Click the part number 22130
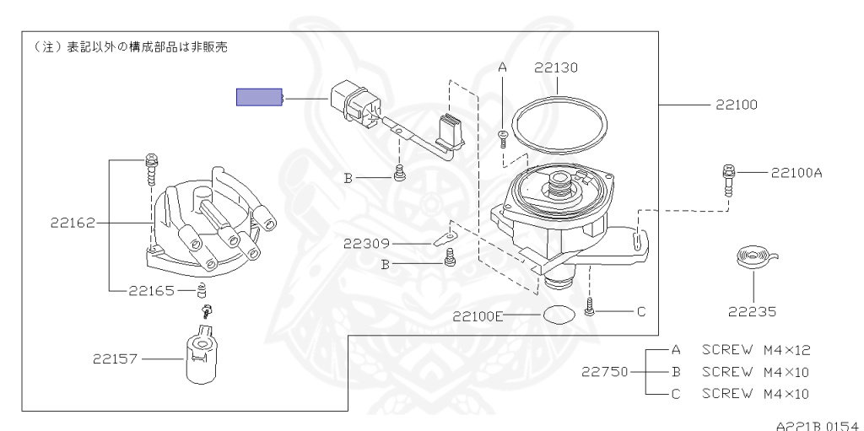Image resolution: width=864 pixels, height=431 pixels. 556,67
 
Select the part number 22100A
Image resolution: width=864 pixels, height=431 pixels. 796,173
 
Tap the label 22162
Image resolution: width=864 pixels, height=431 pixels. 73,223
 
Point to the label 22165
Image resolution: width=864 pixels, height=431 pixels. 152,290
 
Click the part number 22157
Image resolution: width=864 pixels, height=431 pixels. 115,359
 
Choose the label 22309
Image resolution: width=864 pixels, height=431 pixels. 366,243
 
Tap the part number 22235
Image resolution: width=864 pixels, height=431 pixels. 752,312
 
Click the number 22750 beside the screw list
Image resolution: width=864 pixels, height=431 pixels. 604,372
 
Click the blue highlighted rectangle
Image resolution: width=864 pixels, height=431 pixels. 259,97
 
